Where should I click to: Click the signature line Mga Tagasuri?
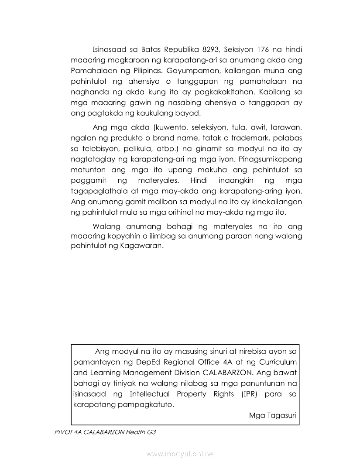pos(273,415)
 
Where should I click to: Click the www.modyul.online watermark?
pos(180,454)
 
